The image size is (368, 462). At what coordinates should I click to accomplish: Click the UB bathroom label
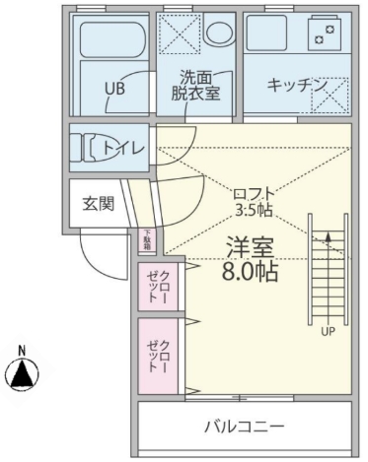[x=115, y=87]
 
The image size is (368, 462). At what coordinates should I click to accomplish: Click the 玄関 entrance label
[x=98, y=204]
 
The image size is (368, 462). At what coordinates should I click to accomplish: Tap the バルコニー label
[x=244, y=427]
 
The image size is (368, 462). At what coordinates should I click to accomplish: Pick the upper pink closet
[x=157, y=285]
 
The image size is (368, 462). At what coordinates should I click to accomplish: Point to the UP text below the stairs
[x=327, y=331]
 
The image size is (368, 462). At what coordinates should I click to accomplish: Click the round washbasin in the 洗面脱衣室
[x=218, y=32]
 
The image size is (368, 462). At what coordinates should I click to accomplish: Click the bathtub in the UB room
[x=111, y=39]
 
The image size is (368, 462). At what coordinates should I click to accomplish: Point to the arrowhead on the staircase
[x=327, y=233]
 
